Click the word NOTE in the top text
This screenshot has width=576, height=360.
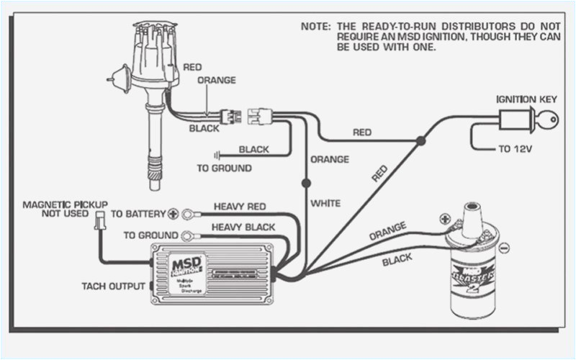pyautogui.click(x=314, y=25)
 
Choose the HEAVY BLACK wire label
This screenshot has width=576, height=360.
pyautogui.click(x=243, y=228)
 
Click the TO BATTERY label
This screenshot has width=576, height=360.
pyautogui.click(x=137, y=214)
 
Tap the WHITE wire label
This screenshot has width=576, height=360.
pyautogui.click(x=325, y=203)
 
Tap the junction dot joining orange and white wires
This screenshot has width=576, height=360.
pyautogui.click(x=306, y=183)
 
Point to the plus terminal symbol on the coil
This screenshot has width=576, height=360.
pyautogui.click(x=446, y=217)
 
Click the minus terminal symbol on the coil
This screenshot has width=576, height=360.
pyautogui.click(x=504, y=247)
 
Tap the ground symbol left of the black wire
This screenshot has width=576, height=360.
pyautogui.click(x=215, y=154)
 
